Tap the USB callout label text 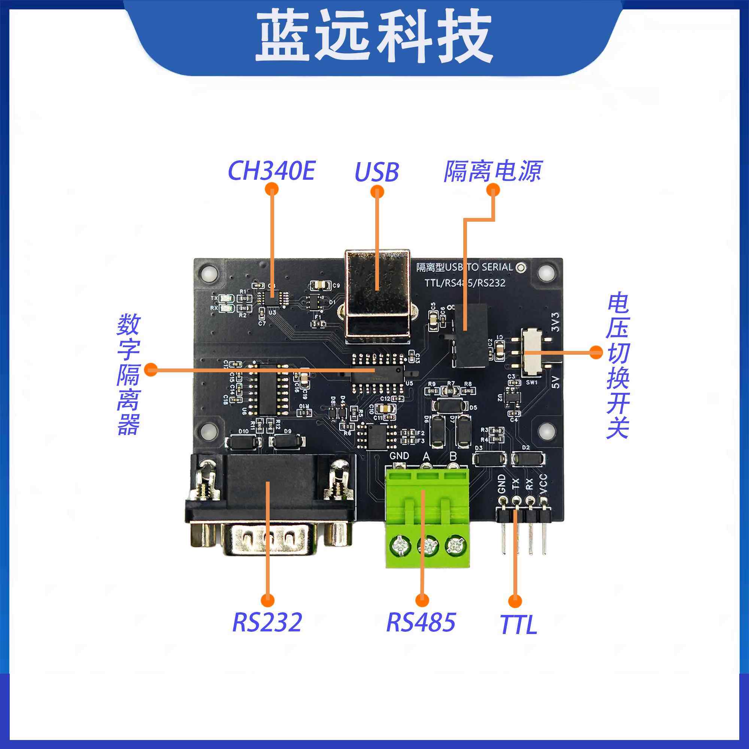pyautogui.click(x=376, y=172)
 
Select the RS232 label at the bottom pyautogui.click(x=267, y=622)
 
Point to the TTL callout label pyautogui.click(x=518, y=625)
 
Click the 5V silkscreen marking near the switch pyautogui.click(x=555, y=382)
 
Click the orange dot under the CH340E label pyautogui.click(x=272, y=189)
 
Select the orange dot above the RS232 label pyautogui.click(x=267, y=601)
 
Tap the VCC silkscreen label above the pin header pyautogui.click(x=543, y=484)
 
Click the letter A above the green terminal pyautogui.click(x=427, y=457)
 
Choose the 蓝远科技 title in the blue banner pyautogui.click(x=374, y=37)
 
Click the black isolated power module pyautogui.click(x=470, y=335)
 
